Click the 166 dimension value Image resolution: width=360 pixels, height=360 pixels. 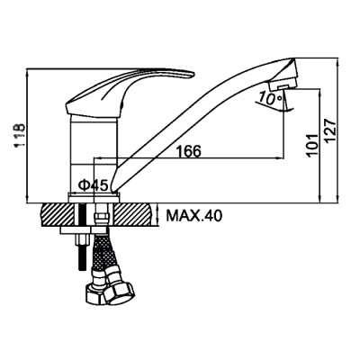(x=188, y=151)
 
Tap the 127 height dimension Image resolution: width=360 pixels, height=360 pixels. (x=328, y=131)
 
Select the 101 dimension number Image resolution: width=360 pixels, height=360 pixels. (x=312, y=145)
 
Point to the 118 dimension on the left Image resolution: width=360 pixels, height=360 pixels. (x=20, y=136)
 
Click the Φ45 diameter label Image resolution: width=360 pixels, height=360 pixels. (x=93, y=186)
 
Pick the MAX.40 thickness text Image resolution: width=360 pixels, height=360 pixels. (x=194, y=215)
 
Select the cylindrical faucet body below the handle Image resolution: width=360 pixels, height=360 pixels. (x=94, y=153)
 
